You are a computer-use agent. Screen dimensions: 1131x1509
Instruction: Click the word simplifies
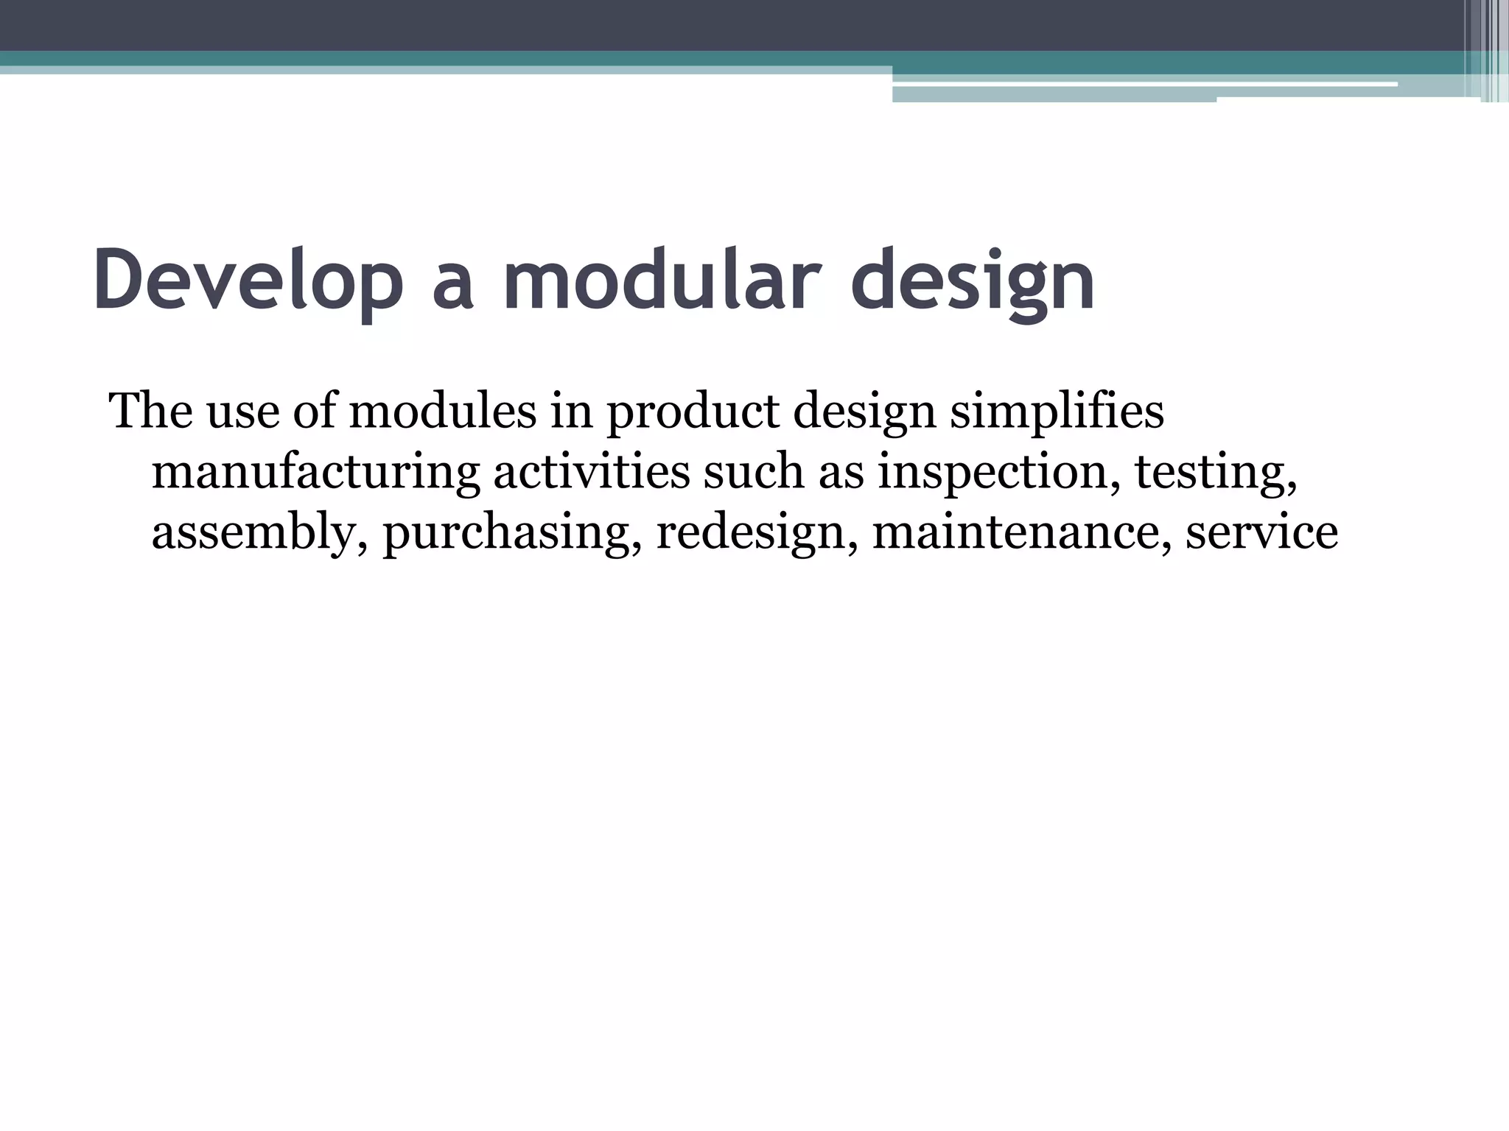click(x=1057, y=412)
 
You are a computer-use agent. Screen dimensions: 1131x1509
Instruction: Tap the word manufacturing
click(x=316, y=473)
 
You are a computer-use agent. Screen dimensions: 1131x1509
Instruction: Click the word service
click(x=1261, y=532)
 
